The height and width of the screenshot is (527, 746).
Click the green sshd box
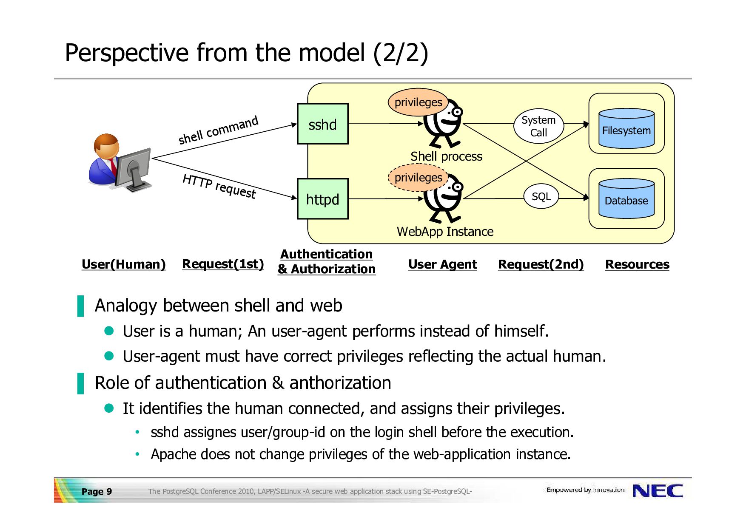(323, 124)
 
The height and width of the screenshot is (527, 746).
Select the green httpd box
(323, 199)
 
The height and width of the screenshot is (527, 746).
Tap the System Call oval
(538, 126)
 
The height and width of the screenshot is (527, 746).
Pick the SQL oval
(541, 196)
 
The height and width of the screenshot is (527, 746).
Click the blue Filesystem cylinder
(626, 128)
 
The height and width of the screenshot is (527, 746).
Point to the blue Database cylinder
(626, 198)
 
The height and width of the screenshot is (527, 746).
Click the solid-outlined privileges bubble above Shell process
(418, 102)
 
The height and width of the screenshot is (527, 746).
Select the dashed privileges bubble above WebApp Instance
(418, 178)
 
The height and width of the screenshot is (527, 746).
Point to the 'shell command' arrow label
(218, 130)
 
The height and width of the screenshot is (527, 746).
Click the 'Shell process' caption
(446, 156)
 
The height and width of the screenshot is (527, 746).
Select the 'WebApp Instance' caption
(445, 232)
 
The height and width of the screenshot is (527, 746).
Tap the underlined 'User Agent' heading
(443, 264)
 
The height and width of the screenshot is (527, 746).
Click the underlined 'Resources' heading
(637, 264)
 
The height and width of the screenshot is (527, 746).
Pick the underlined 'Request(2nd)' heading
(541, 264)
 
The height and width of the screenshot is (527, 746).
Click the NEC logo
(658, 491)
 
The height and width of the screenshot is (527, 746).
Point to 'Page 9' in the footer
(97, 492)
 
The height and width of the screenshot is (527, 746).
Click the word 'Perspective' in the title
(126, 53)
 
